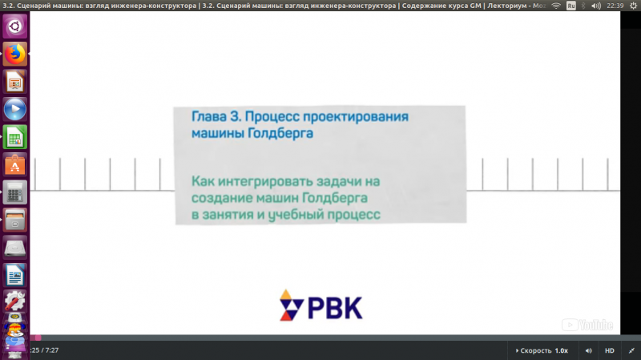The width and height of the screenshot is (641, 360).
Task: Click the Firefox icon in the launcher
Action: [x=15, y=54]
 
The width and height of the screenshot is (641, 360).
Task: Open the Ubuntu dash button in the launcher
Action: [x=15, y=26]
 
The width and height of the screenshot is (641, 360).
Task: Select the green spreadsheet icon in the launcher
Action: [x=15, y=137]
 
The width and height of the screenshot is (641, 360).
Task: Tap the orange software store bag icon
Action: [x=15, y=165]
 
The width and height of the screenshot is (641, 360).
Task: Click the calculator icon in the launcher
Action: [x=15, y=192]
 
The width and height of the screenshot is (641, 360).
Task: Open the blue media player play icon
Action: [x=15, y=109]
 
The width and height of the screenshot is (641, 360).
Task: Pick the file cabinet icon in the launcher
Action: [x=15, y=220]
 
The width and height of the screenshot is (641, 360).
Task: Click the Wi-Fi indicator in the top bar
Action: [x=556, y=6]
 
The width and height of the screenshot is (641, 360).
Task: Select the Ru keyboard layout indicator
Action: [x=571, y=6]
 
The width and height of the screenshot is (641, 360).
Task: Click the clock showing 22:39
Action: [x=615, y=6]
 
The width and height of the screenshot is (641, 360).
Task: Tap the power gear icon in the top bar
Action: [x=633, y=6]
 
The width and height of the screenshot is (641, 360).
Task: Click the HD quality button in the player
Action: [x=610, y=350]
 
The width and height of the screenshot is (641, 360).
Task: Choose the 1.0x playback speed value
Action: [x=562, y=350]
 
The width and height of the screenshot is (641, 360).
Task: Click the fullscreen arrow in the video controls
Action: [x=631, y=350]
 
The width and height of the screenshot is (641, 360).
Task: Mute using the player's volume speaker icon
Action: [x=589, y=350]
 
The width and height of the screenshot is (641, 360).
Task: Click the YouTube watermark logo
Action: [x=587, y=325]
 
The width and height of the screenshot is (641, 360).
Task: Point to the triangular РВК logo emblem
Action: [x=291, y=305]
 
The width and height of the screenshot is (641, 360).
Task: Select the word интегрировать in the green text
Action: [x=266, y=181]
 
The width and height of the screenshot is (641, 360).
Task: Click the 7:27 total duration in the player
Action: [x=52, y=350]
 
